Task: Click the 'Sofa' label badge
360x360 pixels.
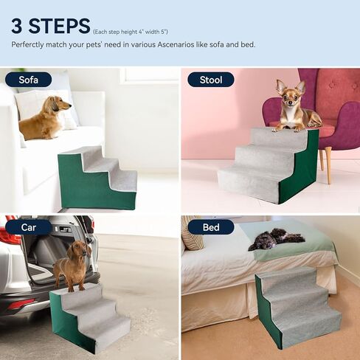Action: (x=29, y=80)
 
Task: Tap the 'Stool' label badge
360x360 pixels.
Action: (x=210, y=80)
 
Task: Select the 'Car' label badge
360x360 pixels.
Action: (x=28, y=226)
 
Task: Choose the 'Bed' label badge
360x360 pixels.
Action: (x=210, y=226)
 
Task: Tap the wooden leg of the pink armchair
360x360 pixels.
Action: (x=327, y=165)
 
